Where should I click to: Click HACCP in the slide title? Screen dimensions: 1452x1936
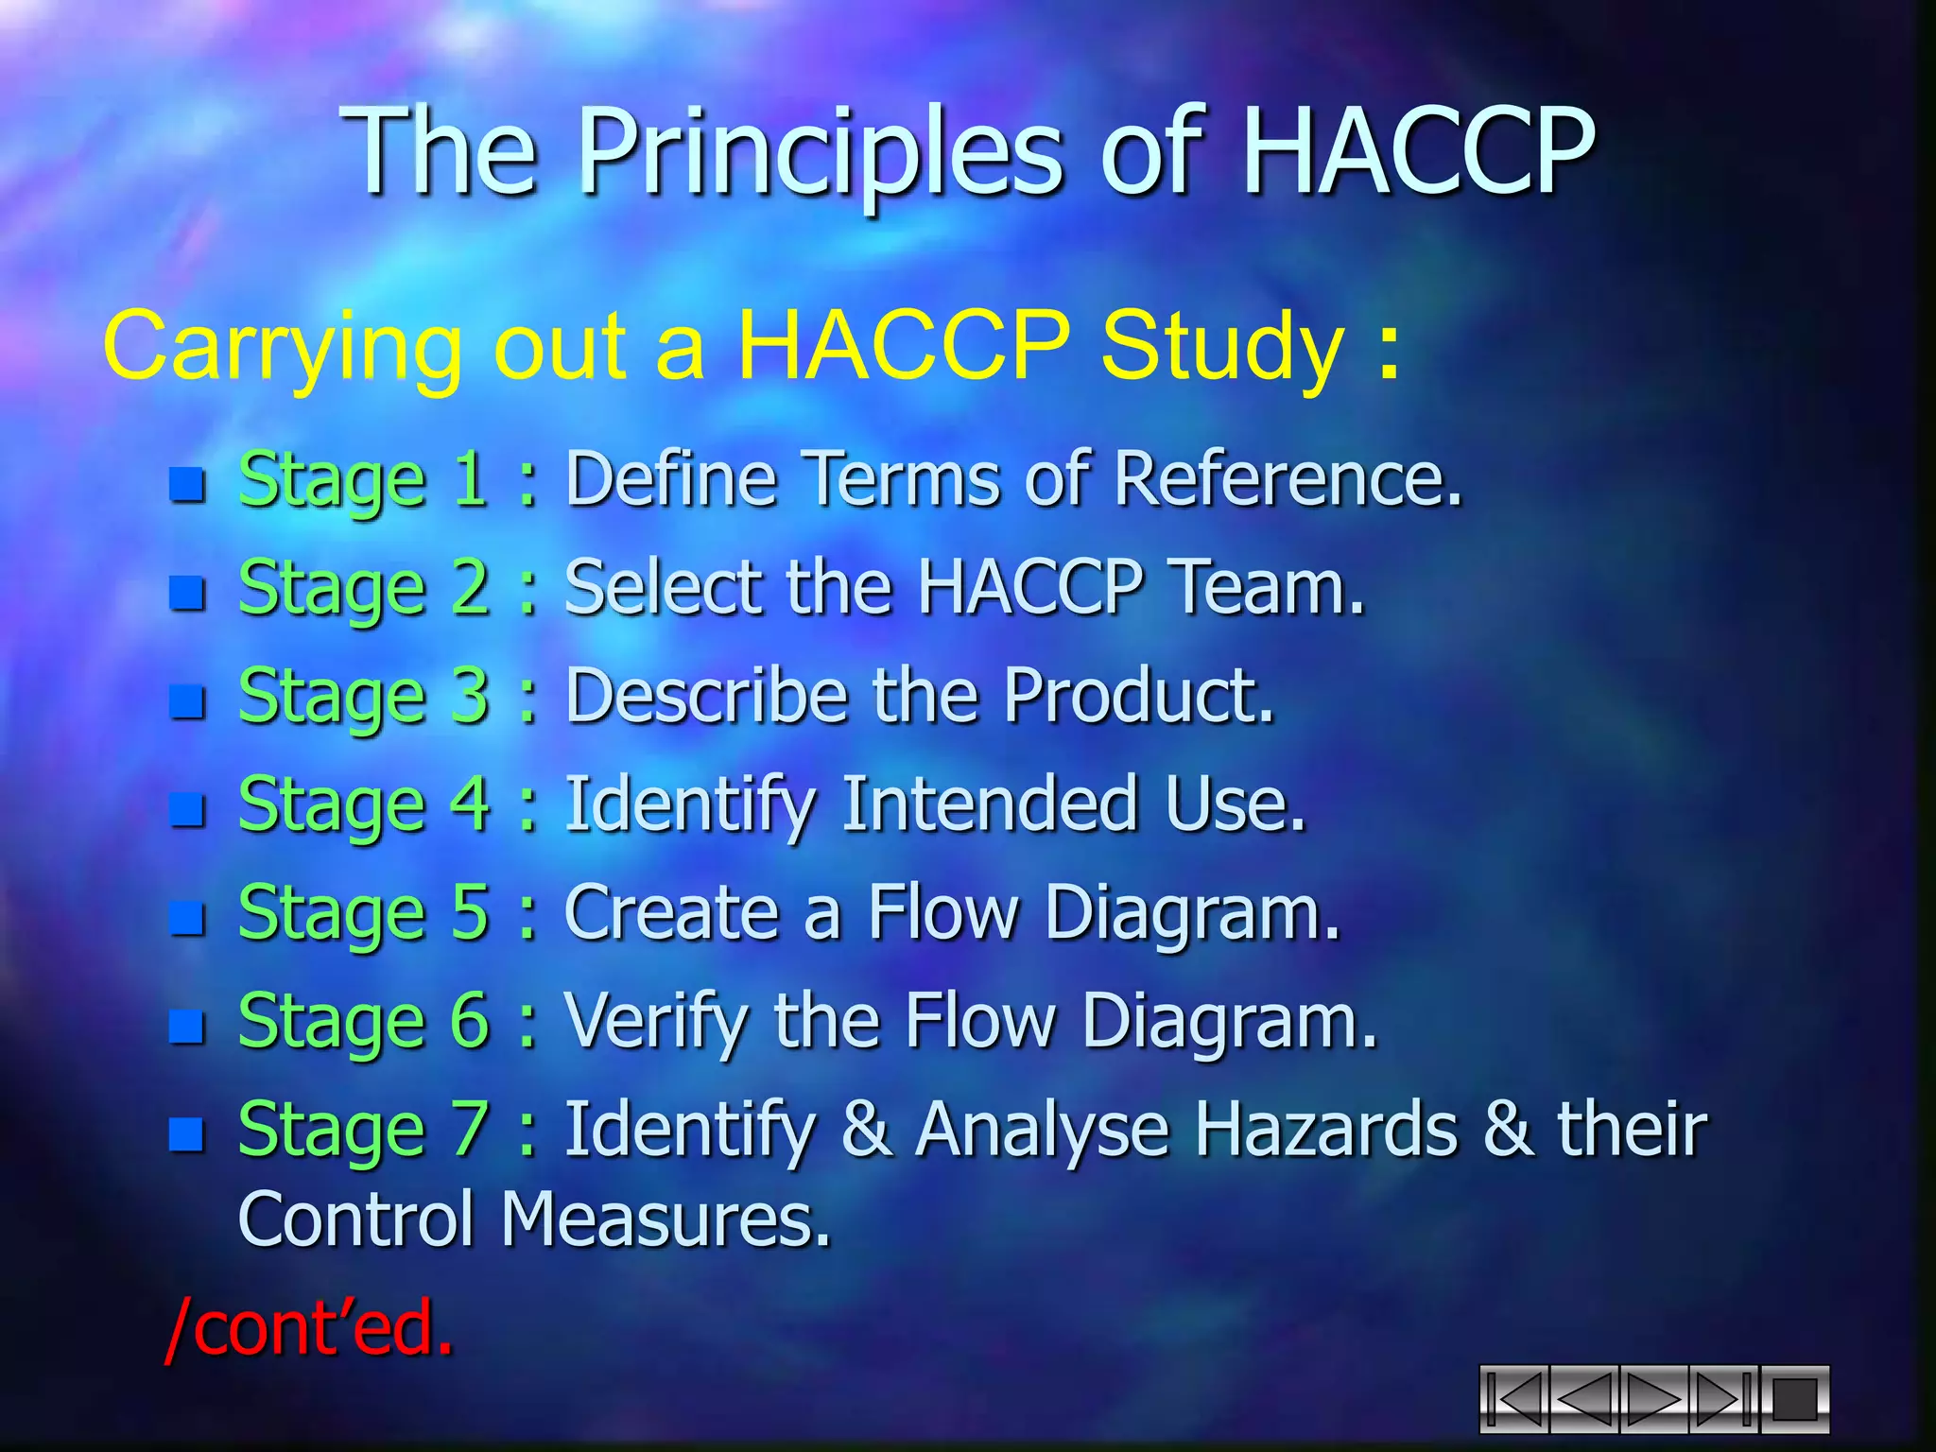1418,151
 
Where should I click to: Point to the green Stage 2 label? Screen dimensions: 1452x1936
363,587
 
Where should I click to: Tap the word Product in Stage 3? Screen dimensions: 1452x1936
1138,696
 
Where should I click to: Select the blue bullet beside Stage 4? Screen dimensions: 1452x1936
187,809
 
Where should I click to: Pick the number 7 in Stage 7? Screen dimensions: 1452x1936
470,1128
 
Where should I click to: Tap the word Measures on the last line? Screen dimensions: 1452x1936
665,1219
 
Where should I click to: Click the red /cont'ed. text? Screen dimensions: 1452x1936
308,1328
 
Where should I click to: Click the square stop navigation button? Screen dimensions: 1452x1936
1794,1400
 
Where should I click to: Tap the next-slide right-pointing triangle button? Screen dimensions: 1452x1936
1654,1400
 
